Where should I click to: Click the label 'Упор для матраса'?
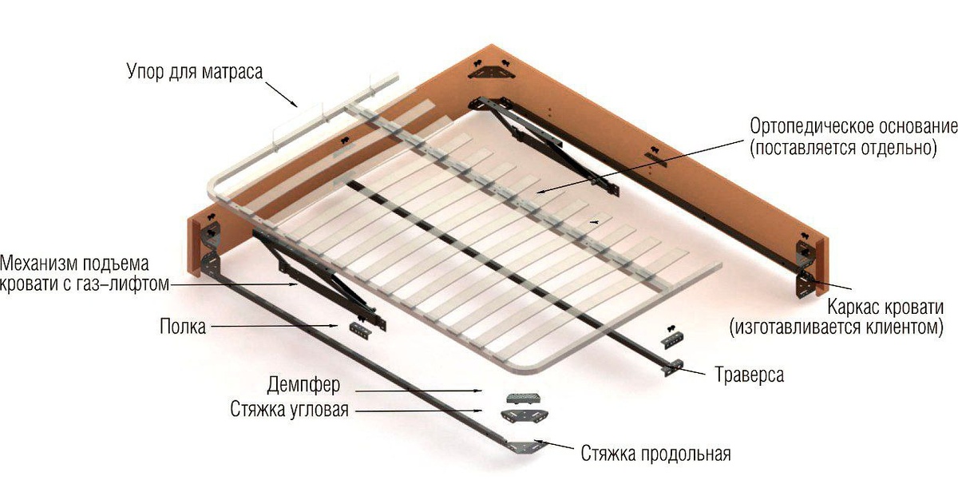tap(195, 72)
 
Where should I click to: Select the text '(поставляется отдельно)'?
tap(843, 149)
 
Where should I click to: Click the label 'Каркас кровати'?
tap(885, 308)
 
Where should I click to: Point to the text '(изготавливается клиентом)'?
tap(837, 327)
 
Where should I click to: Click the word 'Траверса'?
tap(750, 375)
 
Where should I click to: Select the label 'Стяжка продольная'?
tap(656, 454)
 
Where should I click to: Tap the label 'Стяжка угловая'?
tap(290, 410)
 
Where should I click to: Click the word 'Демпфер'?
tap(303, 385)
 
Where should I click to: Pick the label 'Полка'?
tap(183, 327)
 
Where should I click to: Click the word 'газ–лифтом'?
tap(123, 284)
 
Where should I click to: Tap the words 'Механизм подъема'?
tap(74, 263)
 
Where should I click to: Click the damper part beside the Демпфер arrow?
tap(525, 399)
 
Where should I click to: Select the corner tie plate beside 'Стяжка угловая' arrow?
tap(525, 415)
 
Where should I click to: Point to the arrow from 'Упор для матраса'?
tap(281, 93)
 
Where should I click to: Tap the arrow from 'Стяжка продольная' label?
tap(554, 445)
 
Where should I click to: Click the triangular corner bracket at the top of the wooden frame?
tap(492, 70)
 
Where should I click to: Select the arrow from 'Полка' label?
tap(275, 327)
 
